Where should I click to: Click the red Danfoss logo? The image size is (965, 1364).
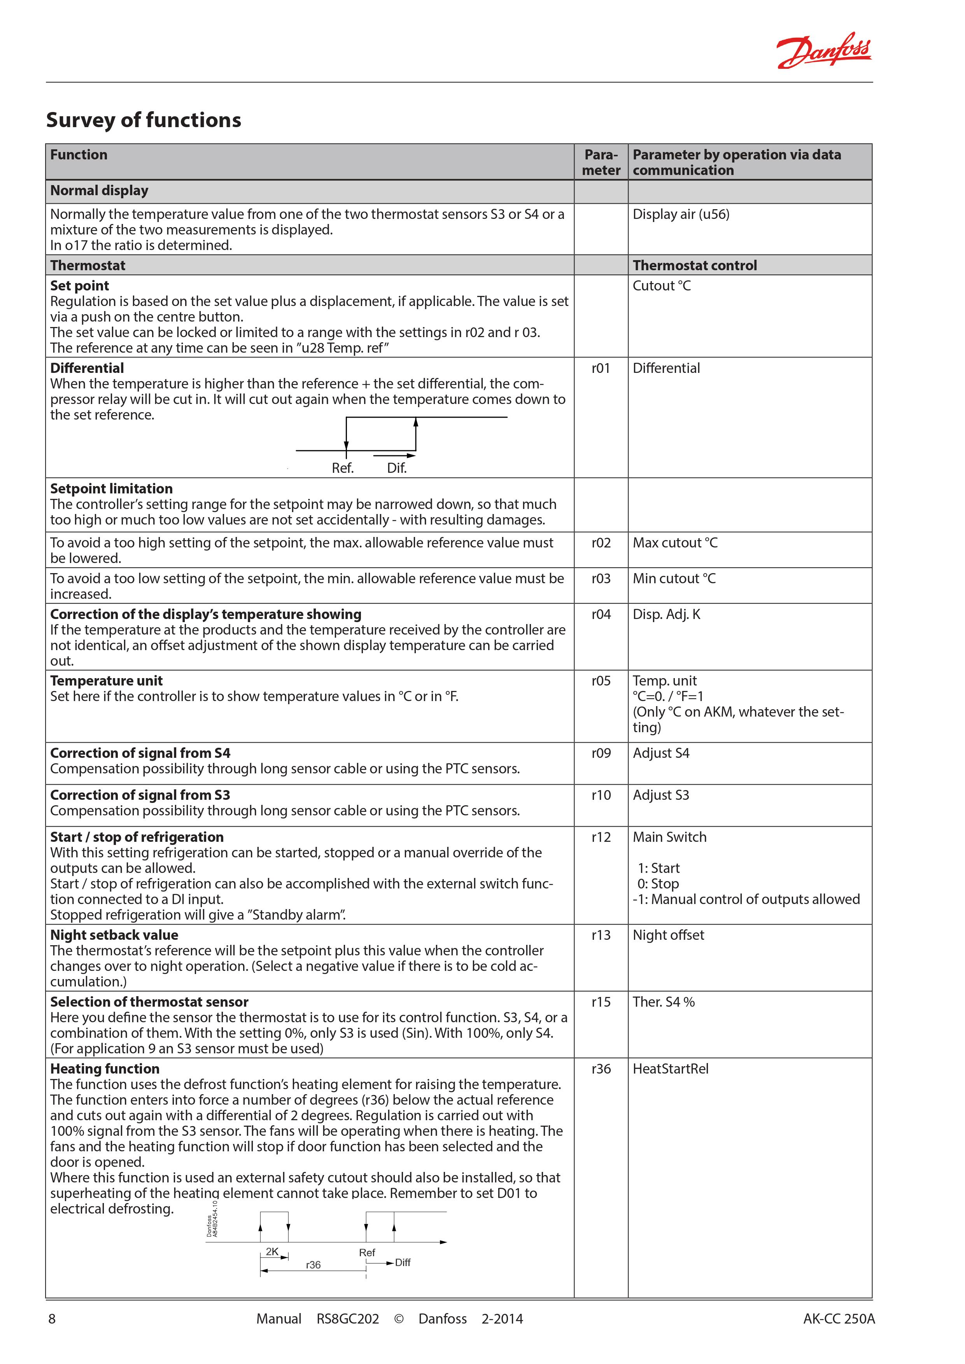[x=824, y=51]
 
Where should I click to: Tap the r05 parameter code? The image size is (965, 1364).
[x=601, y=681]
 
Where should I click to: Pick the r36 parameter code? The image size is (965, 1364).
[x=601, y=1069]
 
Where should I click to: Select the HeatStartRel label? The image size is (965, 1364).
[x=670, y=1069]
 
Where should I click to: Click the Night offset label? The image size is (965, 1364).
[x=668, y=935]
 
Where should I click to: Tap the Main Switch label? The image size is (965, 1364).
[x=669, y=837]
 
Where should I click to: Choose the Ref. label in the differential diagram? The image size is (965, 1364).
[x=343, y=468]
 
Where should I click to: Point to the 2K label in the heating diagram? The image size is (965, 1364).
[x=272, y=1252]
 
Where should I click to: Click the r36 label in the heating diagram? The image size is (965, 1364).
[x=313, y=1265]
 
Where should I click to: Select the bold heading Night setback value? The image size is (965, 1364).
[x=114, y=935]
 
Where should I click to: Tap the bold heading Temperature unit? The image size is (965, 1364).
[x=106, y=681]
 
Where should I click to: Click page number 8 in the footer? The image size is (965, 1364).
[x=52, y=1319]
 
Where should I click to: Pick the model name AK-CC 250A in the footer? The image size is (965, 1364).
[x=839, y=1319]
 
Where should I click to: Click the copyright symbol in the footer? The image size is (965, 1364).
[x=399, y=1319]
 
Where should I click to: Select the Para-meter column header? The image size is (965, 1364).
[x=601, y=162]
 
